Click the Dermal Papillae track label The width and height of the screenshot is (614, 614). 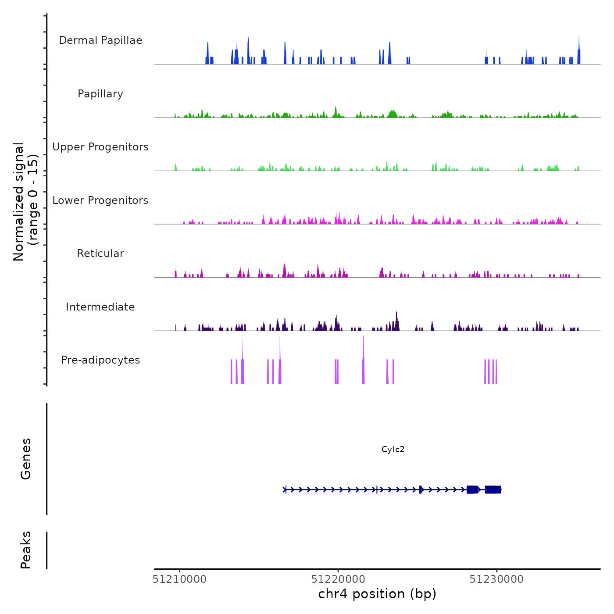point(100,40)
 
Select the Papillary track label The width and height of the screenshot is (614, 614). point(100,94)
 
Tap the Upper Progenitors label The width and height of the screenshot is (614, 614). point(100,147)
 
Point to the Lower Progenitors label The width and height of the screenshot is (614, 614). point(100,200)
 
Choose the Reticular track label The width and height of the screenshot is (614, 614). point(100,253)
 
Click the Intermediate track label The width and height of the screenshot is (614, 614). point(100,307)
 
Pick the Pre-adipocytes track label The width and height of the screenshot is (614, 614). point(100,360)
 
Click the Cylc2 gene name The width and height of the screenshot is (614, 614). point(393,449)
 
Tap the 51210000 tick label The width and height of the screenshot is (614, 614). point(179,579)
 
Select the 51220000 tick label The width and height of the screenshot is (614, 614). point(338,579)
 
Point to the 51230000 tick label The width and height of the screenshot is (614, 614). point(496,579)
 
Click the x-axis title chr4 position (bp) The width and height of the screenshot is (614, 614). point(377,594)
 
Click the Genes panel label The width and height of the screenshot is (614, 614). point(26,459)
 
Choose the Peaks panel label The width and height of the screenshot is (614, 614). point(26,550)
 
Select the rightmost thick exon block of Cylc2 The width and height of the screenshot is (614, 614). point(493,490)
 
